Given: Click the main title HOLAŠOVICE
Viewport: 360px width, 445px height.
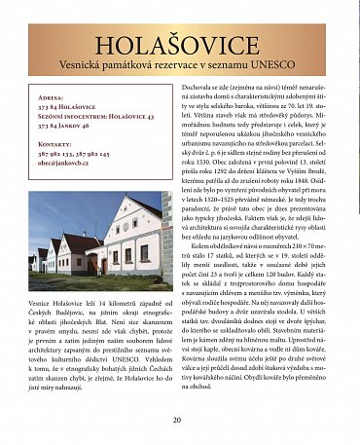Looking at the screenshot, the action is click(x=177, y=46).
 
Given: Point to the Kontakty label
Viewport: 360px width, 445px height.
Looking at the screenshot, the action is click(x=56, y=143).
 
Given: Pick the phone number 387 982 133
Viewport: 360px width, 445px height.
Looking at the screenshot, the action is click(x=57, y=153).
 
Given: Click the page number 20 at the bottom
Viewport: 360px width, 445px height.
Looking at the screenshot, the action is click(x=177, y=420).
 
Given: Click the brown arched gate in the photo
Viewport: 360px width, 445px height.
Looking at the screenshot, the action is click(x=93, y=264).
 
